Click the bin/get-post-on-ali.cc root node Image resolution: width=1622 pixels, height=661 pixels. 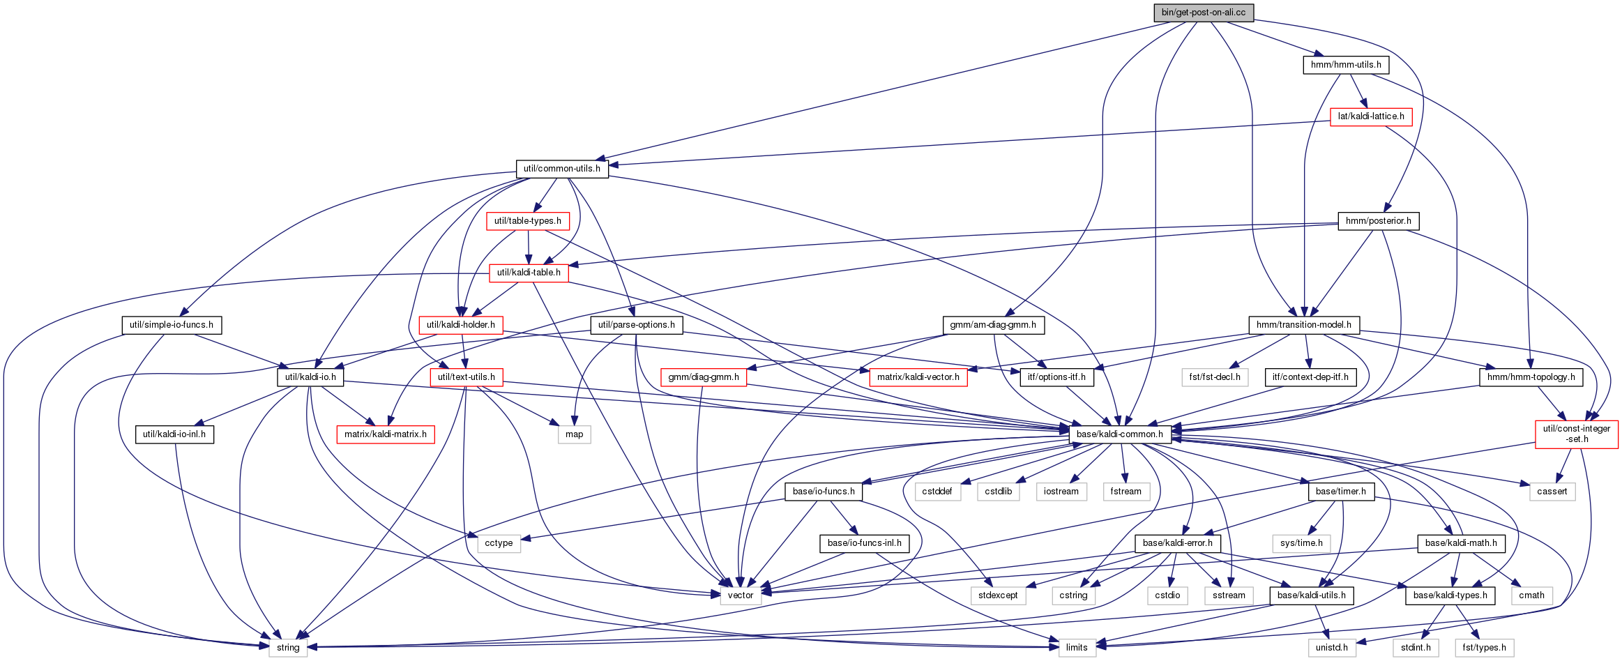[1203, 13]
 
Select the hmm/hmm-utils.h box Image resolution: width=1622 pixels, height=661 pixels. [1346, 65]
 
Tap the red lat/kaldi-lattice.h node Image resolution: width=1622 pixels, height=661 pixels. [1371, 116]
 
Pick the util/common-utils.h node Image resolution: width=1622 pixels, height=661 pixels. [562, 169]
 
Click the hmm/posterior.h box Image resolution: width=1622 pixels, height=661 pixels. [1379, 221]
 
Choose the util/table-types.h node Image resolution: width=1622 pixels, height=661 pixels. [528, 221]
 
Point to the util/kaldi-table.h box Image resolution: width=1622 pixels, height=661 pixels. [529, 273]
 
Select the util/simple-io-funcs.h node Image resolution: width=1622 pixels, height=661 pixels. [172, 325]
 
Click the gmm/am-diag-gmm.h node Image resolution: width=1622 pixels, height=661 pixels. [993, 325]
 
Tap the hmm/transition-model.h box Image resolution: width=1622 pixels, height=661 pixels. [1304, 325]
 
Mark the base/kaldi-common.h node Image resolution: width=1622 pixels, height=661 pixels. [1120, 434]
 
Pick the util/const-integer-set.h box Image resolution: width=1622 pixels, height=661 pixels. [1577, 434]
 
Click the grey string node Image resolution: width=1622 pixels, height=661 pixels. [288, 648]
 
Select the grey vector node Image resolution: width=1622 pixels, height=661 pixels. [741, 595]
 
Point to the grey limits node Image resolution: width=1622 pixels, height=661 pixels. [1077, 648]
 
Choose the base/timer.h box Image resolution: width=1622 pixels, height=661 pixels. [1341, 492]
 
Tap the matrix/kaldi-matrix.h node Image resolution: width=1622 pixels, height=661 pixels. [386, 434]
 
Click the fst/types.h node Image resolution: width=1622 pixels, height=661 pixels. [1485, 648]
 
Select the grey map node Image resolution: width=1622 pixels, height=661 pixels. [575, 434]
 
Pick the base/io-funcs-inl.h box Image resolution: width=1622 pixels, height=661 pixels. [865, 543]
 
